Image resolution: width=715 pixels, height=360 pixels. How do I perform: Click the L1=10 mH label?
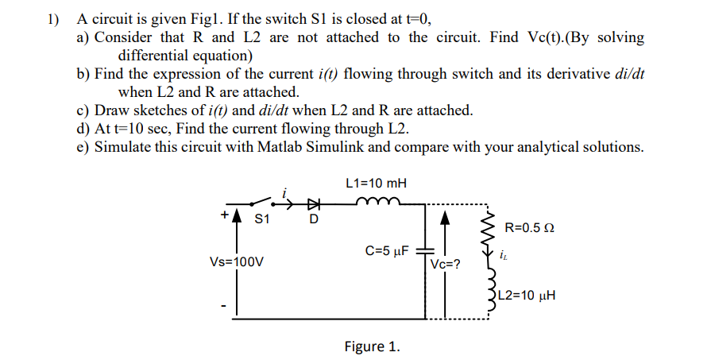tap(377, 183)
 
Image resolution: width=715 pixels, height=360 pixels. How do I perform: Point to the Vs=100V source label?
tap(236, 260)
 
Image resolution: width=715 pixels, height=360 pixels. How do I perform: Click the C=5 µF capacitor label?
tap(386, 251)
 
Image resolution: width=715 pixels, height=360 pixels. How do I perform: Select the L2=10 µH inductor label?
tap(527, 296)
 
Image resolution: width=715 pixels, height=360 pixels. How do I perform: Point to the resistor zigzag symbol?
tap(489, 232)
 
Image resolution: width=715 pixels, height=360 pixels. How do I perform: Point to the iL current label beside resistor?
tap(503, 257)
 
